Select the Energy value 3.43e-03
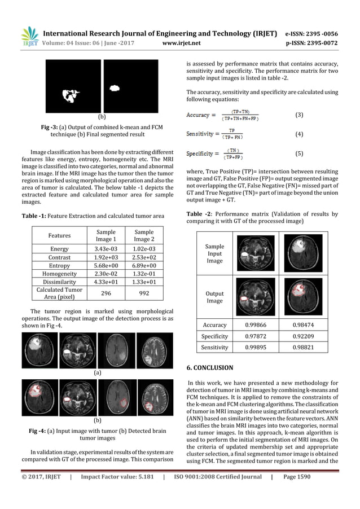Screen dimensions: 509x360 106,249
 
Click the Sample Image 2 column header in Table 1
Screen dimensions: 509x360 143,236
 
